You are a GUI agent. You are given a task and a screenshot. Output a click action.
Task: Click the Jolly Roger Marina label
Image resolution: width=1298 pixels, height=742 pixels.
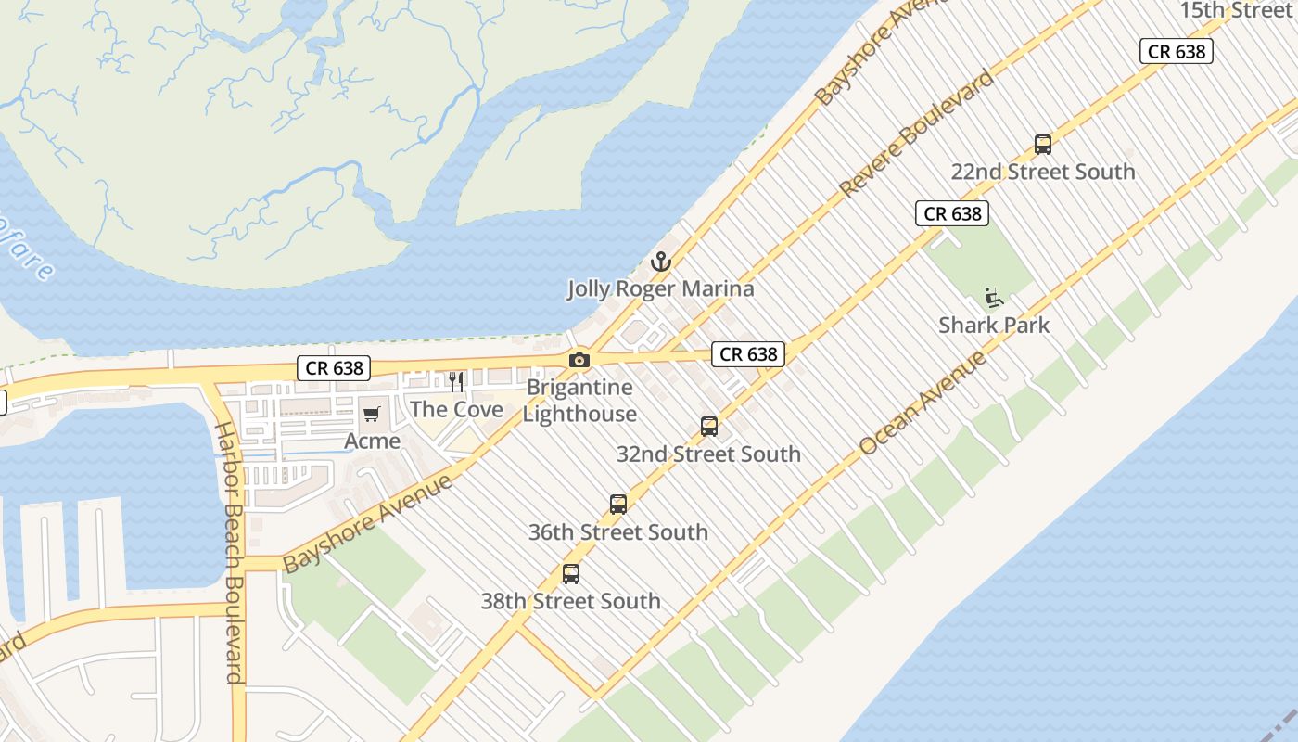(x=661, y=288)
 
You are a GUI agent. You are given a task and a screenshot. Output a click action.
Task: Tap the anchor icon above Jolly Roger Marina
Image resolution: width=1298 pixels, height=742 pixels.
(x=660, y=262)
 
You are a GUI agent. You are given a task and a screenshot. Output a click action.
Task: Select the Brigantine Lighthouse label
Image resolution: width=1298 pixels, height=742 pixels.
(x=579, y=401)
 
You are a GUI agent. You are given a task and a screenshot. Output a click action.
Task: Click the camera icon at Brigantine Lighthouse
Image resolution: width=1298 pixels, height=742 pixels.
(x=579, y=360)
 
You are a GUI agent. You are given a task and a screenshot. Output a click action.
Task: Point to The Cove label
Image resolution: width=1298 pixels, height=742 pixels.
(x=456, y=409)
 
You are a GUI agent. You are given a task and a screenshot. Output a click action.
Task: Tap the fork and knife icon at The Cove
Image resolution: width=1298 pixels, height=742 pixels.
(x=456, y=382)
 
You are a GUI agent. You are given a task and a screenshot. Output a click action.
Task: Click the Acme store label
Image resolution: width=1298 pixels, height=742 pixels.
(x=373, y=441)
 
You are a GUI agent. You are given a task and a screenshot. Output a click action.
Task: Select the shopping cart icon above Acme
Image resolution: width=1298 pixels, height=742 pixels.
(x=372, y=414)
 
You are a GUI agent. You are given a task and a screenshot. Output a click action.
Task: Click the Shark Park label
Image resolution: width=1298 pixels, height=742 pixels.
(x=994, y=326)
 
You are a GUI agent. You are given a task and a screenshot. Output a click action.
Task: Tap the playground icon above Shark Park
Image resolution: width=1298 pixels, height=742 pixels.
(x=994, y=298)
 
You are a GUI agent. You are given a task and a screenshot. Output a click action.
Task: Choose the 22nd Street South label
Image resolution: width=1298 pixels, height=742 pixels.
(x=1043, y=172)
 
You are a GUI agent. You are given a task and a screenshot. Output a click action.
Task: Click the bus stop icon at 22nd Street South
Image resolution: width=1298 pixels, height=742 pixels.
(x=1043, y=145)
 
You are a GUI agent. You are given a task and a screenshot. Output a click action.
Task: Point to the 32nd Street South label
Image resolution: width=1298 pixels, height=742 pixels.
(x=709, y=454)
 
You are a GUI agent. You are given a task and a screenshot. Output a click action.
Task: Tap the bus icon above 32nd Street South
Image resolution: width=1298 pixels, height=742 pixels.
(x=709, y=427)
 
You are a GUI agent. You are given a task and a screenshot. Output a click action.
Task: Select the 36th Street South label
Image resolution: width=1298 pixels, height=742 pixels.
(x=618, y=532)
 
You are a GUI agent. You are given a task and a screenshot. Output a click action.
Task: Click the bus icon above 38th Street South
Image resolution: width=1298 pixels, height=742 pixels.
(x=571, y=574)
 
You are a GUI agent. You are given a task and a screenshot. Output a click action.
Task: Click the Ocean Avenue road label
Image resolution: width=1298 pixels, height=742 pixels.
(x=923, y=403)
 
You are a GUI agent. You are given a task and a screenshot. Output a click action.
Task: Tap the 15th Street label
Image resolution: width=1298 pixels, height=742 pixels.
(x=1236, y=10)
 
